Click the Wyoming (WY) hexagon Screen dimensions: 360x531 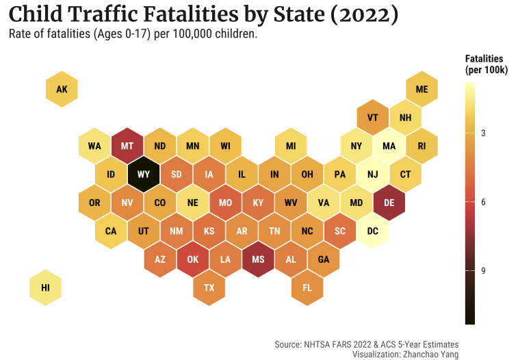(144, 174)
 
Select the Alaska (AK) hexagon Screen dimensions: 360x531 (62, 89)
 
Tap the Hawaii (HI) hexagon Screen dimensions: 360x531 (45, 287)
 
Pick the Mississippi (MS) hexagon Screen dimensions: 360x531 (258, 259)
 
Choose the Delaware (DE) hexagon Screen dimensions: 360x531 (389, 203)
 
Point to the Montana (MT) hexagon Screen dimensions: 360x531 (127, 146)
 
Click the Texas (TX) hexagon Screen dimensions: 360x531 (209, 287)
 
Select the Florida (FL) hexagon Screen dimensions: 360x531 (307, 287)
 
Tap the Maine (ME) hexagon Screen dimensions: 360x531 (422, 89)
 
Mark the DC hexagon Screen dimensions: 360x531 (373, 231)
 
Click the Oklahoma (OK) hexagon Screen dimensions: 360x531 (193, 259)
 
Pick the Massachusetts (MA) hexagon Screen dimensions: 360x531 (389, 146)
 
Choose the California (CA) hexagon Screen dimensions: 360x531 (111, 231)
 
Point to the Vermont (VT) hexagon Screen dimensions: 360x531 (373, 117)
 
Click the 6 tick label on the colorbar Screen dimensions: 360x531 (483, 202)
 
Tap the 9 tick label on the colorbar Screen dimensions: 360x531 (483, 271)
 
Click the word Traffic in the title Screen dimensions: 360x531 (125, 14)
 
